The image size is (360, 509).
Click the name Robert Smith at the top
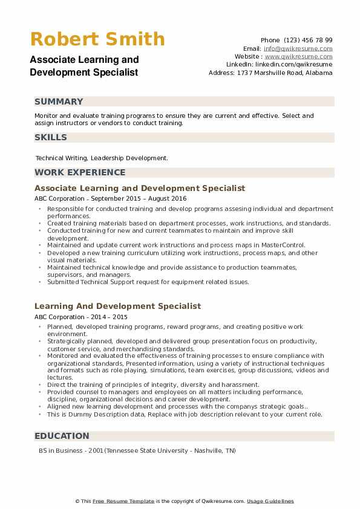[97, 39]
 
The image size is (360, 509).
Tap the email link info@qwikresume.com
[298, 48]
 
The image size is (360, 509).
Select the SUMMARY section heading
[59, 102]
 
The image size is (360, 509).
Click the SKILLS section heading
[51, 137]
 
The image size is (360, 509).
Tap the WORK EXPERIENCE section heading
[80, 172]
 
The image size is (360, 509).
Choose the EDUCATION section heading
[62, 436]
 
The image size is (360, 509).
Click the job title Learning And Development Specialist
[117, 306]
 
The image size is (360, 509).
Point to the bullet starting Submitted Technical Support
[148, 282]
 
